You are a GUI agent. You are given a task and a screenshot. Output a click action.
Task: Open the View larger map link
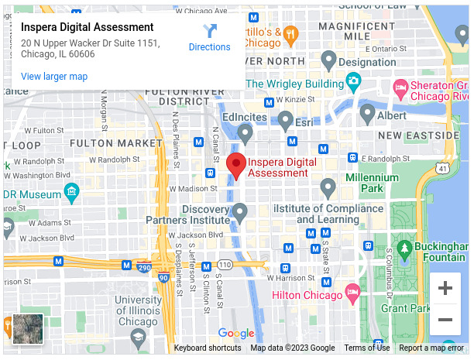pyautogui.click(x=54, y=77)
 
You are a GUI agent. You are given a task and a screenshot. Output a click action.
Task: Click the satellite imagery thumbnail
pyautogui.click(x=28, y=329)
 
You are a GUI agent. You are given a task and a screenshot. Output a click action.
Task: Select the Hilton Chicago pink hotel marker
pyautogui.click(x=352, y=294)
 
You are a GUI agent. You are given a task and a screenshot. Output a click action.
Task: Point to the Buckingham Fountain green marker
pyautogui.click(x=404, y=248)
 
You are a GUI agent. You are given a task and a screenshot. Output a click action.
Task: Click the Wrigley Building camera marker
pyautogui.click(x=353, y=81)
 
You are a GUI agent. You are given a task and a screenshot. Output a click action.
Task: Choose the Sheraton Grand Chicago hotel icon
pyautogui.click(x=400, y=86)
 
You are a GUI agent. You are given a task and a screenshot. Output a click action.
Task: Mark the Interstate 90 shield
pyautogui.click(x=163, y=277)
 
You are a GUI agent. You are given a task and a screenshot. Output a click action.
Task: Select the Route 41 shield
pyautogui.click(x=441, y=166)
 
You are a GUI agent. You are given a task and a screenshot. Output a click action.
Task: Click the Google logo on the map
pyautogui.click(x=235, y=334)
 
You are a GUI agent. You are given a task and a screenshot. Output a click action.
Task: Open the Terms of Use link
pyautogui.click(x=367, y=348)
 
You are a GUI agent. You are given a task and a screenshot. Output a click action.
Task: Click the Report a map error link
pyautogui.click(x=431, y=348)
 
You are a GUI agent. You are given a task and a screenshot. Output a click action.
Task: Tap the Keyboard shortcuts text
pyautogui.click(x=208, y=348)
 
